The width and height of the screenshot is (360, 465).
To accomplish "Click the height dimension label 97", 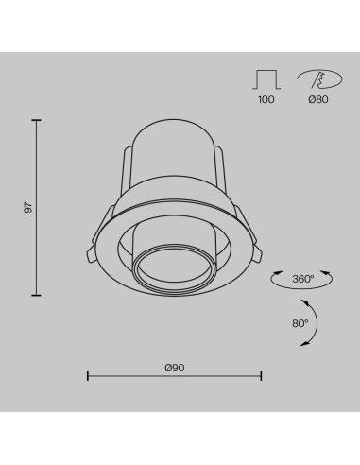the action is click(x=28, y=208).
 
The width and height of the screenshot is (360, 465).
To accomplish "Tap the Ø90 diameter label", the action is click(x=175, y=368).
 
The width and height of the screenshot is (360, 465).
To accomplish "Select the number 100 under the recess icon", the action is click(x=266, y=99).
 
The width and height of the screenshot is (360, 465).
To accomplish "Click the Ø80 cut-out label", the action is click(x=318, y=99).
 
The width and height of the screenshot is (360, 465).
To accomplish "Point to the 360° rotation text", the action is click(x=303, y=279).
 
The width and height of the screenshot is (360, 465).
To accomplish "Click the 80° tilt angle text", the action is click(x=300, y=323).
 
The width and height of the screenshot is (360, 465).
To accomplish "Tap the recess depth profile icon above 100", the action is click(x=266, y=79).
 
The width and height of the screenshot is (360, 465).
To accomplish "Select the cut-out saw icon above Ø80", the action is click(x=319, y=79).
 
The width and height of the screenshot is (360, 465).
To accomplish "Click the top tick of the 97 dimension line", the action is click(x=36, y=120).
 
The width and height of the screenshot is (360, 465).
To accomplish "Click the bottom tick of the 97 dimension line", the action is click(x=36, y=295).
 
